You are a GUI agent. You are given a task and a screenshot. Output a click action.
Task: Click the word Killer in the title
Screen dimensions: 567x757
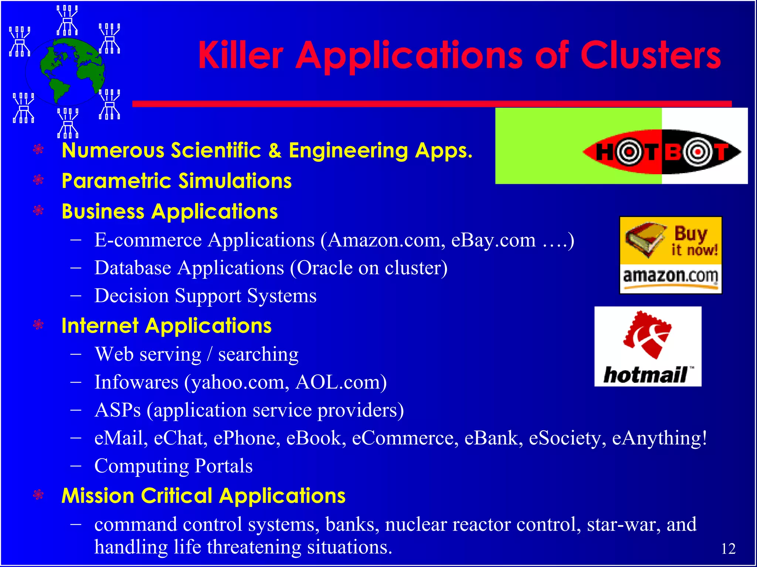(240, 55)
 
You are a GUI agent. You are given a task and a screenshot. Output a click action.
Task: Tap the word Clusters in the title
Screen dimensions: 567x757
(651, 55)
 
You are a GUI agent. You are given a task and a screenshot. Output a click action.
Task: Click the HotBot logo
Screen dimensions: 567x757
(662, 152)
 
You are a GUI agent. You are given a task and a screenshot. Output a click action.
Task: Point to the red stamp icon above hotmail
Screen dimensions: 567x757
(647, 334)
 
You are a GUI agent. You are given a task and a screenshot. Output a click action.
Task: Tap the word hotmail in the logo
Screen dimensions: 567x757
(645, 375)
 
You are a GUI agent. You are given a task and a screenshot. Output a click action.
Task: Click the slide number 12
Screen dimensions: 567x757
(728, 549)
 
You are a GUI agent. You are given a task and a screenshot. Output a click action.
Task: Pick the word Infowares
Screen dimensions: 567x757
(136, 382)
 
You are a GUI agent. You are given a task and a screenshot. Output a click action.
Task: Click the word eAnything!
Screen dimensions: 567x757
(659, 438)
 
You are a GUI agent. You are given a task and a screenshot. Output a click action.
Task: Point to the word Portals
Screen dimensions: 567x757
(224, 466)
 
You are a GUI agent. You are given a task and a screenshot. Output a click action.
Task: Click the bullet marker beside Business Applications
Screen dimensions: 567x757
(38, 210)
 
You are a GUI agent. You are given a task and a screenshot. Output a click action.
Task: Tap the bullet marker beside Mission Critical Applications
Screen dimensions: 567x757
(38, 495)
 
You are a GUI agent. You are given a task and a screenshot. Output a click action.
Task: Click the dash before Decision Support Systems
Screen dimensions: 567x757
(76, 296)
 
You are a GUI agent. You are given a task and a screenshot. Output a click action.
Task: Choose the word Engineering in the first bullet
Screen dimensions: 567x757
(347, 151)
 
